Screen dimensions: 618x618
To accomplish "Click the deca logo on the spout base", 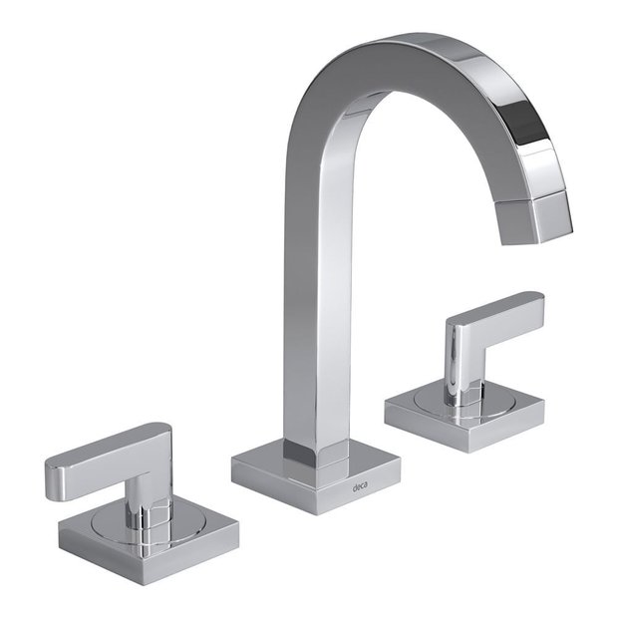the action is coord(360,488).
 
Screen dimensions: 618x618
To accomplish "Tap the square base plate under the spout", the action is coord(316,478).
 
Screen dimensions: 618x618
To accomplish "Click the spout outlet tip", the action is coord(537,230).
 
